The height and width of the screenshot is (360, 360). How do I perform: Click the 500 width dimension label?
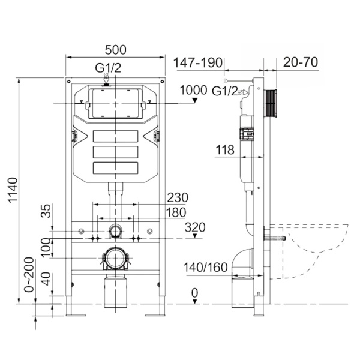(115, 50)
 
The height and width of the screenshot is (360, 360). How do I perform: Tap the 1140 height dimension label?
(13, 190)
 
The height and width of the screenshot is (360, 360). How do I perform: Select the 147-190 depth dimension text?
(198, 62)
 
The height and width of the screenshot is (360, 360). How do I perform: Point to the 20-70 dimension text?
(301, 62)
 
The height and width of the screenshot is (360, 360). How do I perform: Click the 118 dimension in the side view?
(225, 149)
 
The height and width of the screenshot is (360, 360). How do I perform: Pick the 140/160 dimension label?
(205, 267)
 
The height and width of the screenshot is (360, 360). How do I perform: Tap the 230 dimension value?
(178, 197)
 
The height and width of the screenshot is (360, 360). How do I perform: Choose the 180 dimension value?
(176, 212)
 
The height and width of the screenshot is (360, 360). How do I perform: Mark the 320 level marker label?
(195, 227)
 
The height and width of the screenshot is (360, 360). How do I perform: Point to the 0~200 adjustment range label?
(29, 275)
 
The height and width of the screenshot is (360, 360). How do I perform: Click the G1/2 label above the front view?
(108, 68)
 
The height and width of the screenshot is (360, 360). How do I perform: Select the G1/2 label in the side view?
(224, 91)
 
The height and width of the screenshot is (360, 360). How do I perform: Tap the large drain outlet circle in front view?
(115, 258)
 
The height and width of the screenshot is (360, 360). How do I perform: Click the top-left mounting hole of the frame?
(68, 82)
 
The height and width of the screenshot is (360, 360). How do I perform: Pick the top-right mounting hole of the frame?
(162, 82)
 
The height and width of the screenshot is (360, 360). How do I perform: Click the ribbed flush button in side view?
(271, 103)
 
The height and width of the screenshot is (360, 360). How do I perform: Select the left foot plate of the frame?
(76, 315)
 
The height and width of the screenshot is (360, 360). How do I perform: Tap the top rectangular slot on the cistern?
(115, 136)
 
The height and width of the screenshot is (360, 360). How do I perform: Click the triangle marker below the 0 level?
(195, 301)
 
